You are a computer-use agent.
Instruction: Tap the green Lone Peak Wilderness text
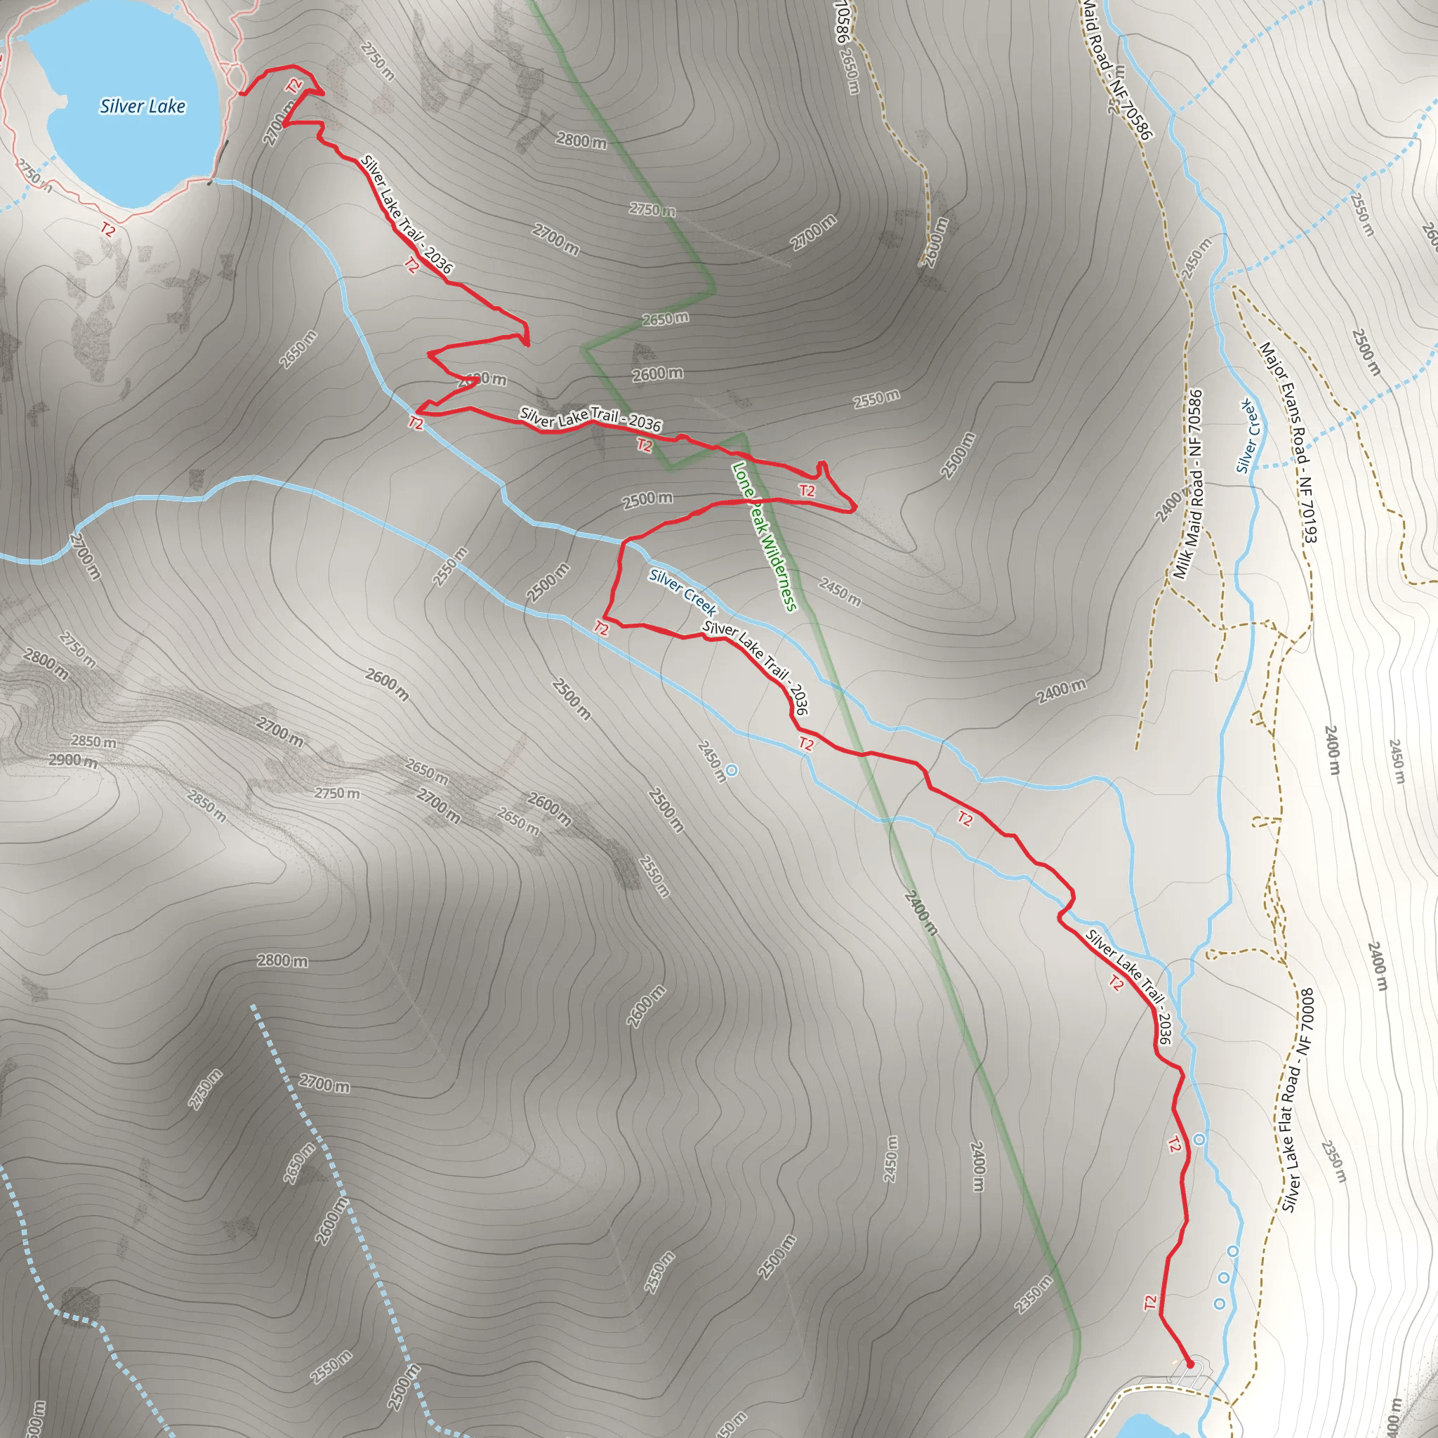click(x=764, y=536)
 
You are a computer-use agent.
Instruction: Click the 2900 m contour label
click(x=73, y=760)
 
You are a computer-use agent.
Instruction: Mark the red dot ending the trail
click(x=1190, y=1364)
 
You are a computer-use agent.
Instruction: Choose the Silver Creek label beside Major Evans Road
click(x=1248, y=437)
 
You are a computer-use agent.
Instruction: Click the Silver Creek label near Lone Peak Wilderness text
click(x=682, y=593)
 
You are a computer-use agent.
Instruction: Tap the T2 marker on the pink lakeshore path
click(x=109, y=228)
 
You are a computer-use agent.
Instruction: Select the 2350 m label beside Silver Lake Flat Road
click(x=1335, y=1161)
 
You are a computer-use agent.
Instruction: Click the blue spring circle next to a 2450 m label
click(x=732, y=770)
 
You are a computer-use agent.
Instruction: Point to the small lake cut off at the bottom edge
click(x=1154, y=1426)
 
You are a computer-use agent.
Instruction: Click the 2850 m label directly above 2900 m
click(x=94, y=741)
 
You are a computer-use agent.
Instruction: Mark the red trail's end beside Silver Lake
click(x=241, y=94)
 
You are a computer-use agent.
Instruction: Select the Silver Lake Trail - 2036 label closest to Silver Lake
click(x=407, y=214)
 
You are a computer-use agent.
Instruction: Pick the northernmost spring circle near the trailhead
click(x=1199, y=1140)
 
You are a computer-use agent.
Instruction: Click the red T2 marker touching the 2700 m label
click(x=295, y=86)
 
